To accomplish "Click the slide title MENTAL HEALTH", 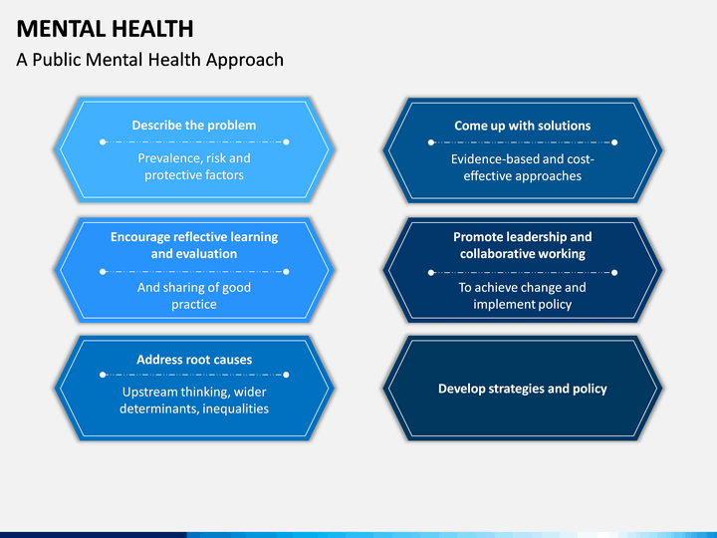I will (105, 28).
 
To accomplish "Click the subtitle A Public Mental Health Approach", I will (149, 60).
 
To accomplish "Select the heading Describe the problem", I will (194, 126).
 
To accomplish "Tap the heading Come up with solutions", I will (522, 126).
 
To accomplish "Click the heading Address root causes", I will (194, 359).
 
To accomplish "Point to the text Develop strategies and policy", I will (522, 389).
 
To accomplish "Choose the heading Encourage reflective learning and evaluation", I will (194, 245).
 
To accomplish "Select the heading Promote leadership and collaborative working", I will (522, 245).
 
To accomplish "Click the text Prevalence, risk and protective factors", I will (194, 166).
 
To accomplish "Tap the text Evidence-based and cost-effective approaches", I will (522, 166).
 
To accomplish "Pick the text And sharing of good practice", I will (194, 296).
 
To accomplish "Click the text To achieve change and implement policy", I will (522, 296).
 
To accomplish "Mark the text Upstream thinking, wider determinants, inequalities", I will (194, 401).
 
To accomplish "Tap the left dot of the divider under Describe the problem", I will (103, 141).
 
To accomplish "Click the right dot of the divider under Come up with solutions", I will (613, 141).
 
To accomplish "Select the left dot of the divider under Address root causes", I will (103, 375).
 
